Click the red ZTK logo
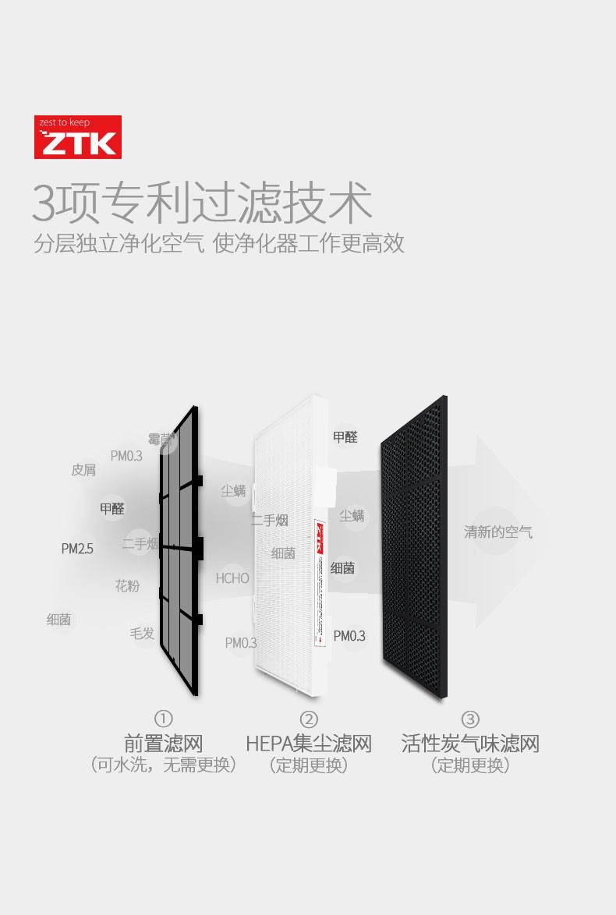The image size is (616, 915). pos(77,137)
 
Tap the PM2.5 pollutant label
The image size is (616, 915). pos(77,549)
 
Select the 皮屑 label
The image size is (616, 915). pos(83,470)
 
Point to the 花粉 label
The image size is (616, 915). pos(127,585)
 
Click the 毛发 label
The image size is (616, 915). pos(142,633)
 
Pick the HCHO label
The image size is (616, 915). pos(232,578)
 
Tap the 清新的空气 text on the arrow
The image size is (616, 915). pos(498,532)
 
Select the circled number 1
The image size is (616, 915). pos(163,719)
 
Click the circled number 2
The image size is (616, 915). pos(309,719)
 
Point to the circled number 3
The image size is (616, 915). pos(470,719)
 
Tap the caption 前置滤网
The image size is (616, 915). pos(163,743)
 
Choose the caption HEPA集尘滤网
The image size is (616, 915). pos(309,743)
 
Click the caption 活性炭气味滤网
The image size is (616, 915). pos(470,743)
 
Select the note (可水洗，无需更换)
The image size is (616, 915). pos(163,765)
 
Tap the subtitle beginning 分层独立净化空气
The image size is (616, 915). pos(218,243)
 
